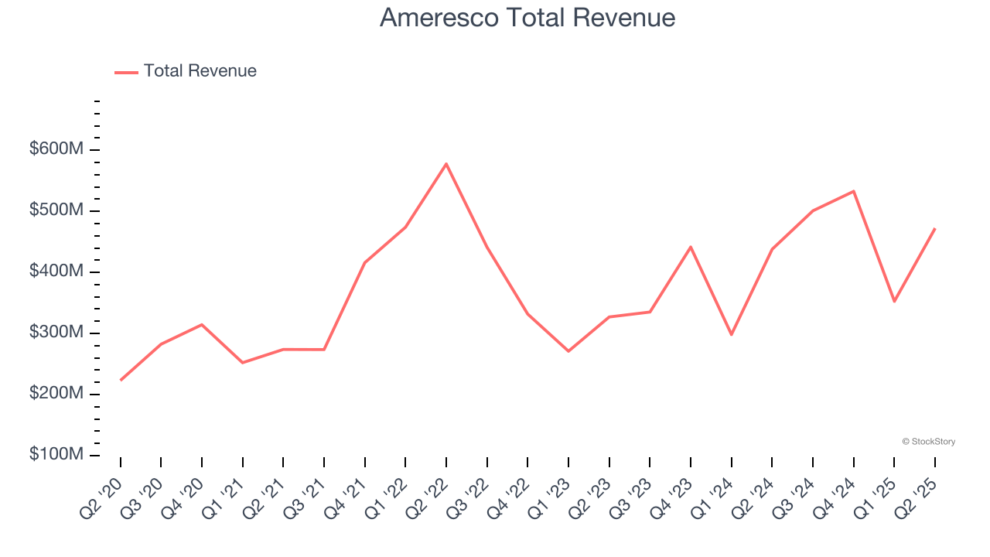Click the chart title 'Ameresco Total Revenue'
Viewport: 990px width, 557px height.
pos(527,18)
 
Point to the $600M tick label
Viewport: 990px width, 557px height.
pos(56,149)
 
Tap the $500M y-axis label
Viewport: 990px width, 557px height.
pos(56,210)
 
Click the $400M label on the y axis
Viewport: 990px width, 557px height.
pos(56,272)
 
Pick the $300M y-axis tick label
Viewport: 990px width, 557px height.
pos(56,333)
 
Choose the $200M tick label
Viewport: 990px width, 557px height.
pos(56,394)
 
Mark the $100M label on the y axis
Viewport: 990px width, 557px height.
pos(56,454)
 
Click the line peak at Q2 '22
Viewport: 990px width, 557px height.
pos(446,164)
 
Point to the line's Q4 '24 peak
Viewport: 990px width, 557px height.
pos(853,191)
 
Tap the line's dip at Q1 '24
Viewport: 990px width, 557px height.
pos(731,334)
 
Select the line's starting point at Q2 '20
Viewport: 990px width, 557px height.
pos(121,380)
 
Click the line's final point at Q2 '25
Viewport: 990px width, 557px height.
pos(934,229)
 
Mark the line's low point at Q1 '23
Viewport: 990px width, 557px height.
pos(568,351)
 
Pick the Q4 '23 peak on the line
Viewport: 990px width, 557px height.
pos(690,247)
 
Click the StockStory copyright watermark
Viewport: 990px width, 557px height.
pos(928,442)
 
